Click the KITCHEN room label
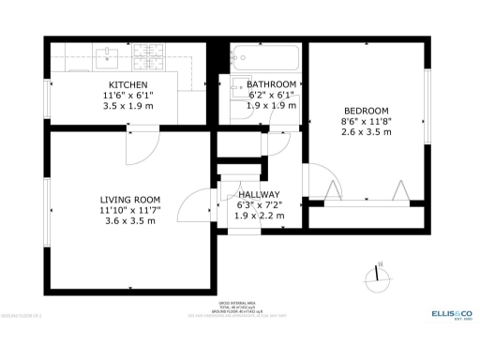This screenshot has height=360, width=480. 122,83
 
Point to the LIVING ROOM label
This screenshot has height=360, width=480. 130,200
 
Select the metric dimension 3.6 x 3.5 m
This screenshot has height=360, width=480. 130,221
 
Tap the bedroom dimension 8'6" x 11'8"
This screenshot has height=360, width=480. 365,120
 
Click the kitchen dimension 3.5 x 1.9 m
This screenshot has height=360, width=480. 122,106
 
